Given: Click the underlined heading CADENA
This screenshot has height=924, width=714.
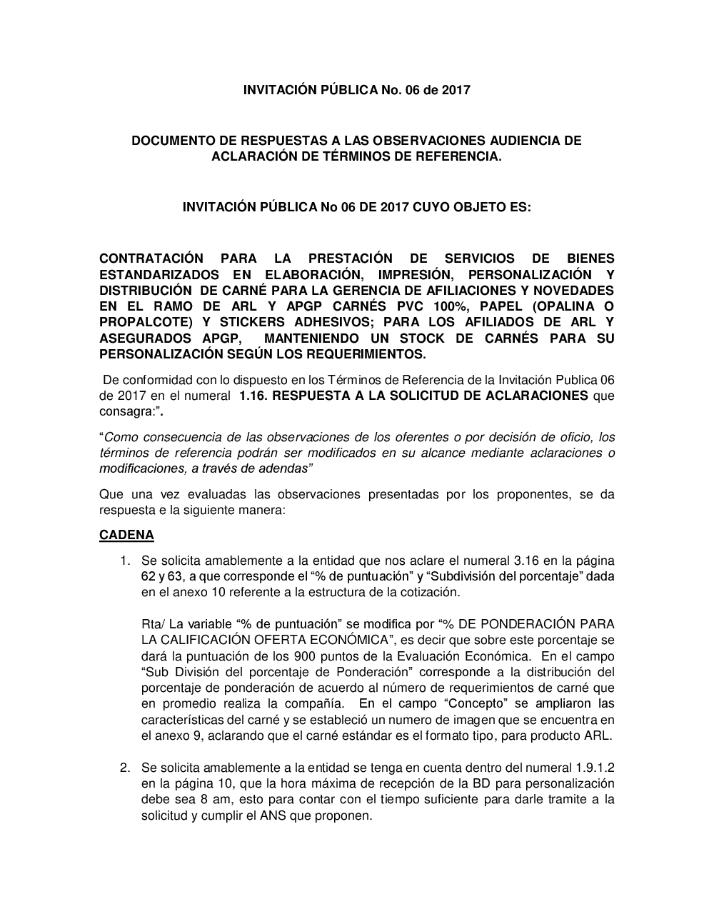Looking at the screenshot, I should (x=126, y=534).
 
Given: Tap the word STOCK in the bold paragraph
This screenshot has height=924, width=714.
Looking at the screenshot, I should (x=424, y=338).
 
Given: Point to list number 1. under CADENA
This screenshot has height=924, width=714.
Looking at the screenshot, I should (x=125, y=561).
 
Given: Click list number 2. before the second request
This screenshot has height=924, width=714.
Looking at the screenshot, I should (x=125, y=768).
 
